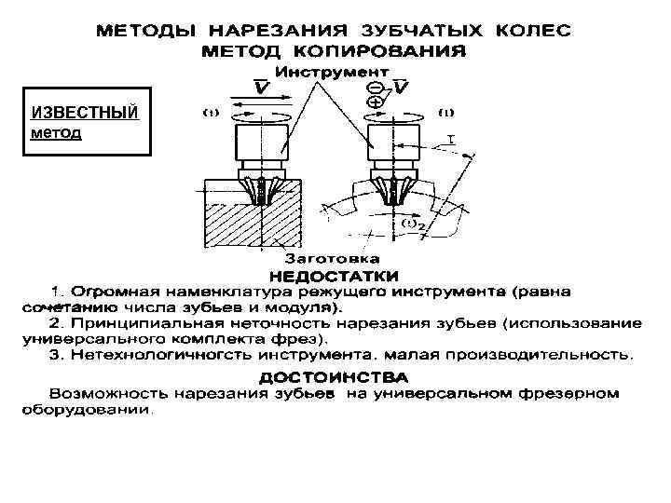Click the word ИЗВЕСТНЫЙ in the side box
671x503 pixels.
click(x=84, y=113)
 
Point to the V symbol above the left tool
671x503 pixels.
click(x=264, y=87)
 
